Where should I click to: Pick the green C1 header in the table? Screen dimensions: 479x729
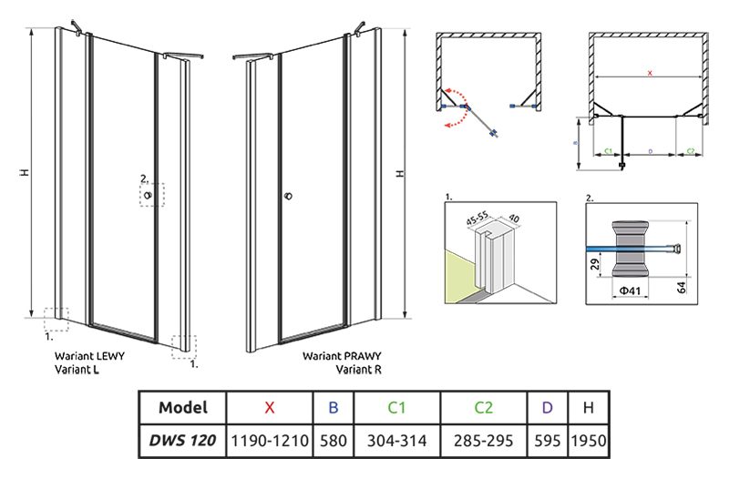[x=395, y=408]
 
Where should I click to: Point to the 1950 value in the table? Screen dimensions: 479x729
[x=588, y=441]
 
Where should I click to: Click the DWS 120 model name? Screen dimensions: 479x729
[x=182, y=441]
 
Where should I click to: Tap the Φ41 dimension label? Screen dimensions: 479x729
[x=624, y=290]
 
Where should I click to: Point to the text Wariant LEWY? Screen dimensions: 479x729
[x=86, y=357]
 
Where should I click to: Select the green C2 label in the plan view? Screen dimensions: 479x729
[x=691, y=150]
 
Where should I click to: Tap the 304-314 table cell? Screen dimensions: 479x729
[x=395, y=441]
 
